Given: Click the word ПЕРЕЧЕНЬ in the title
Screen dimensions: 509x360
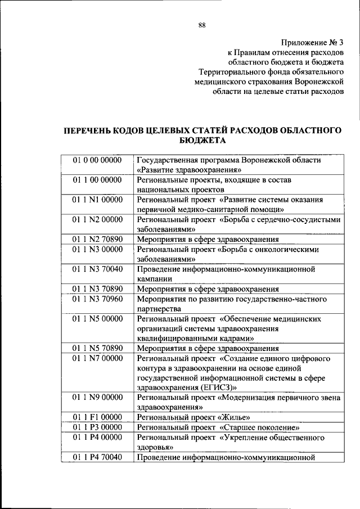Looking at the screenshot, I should pos(92,130).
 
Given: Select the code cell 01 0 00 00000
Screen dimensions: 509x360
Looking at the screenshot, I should pos(97,160).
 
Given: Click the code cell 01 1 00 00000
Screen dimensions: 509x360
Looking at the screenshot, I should pos(97,180).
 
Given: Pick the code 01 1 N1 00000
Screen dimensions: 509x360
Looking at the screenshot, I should pos(97,200).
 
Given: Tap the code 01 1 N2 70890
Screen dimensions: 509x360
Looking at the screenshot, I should pos(97,239).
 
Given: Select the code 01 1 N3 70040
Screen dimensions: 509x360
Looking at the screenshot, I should pos(97,269).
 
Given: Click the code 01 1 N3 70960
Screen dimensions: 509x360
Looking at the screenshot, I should pos(97,299).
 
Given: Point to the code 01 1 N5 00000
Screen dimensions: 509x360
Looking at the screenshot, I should pos(97,318).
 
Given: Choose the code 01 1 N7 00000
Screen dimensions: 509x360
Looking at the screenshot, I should pos(97,358).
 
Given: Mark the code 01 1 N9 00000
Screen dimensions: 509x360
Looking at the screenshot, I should pos(97,398).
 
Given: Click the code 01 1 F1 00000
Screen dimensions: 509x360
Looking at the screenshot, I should pos(97,417).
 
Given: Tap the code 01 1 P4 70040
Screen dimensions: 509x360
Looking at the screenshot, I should pos(97,457).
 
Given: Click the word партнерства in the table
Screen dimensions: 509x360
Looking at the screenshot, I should pos(159,309).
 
